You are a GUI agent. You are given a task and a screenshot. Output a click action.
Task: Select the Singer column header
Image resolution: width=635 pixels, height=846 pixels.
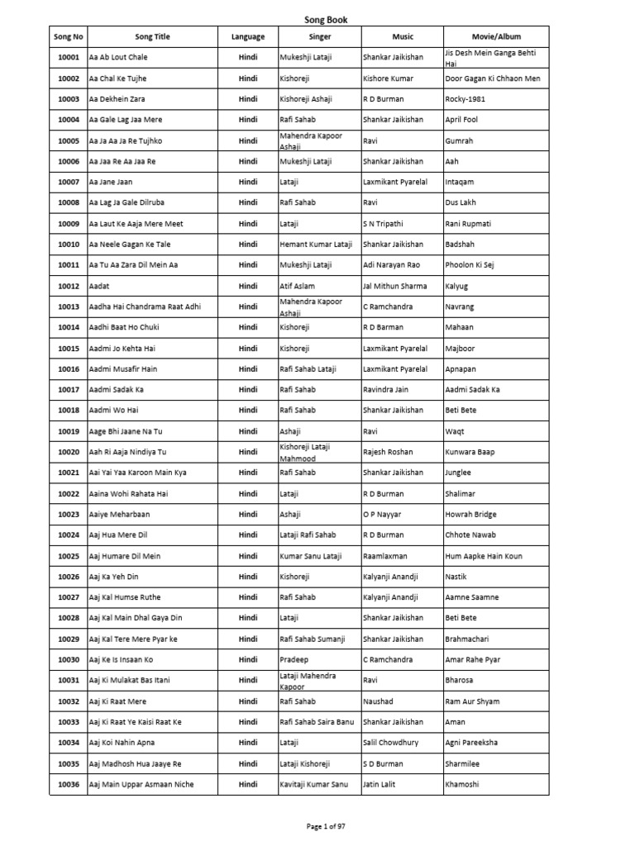tap(319, 36)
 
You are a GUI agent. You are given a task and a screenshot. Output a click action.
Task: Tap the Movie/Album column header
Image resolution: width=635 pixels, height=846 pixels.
tap(496, 36)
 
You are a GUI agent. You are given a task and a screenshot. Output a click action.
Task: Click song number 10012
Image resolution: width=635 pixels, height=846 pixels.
tap(68, 286)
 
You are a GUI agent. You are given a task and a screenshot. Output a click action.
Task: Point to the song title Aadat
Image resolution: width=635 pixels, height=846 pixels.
tap(99, 286)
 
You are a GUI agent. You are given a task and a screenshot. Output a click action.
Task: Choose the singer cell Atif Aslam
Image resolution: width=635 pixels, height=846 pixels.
tap(298, 286)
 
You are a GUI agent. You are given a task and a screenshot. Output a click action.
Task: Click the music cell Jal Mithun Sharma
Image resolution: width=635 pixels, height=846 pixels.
tap(394, 286)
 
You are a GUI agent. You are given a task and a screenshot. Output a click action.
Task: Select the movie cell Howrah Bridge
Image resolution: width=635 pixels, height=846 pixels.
tap(470, 514)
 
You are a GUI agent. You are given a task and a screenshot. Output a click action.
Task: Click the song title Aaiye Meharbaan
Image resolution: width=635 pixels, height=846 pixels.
tap(119, 514)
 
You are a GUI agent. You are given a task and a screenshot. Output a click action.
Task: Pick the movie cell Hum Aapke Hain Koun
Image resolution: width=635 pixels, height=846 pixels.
tap(483, 556)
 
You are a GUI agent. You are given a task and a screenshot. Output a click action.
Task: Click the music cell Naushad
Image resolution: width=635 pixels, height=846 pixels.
tap(378, 701)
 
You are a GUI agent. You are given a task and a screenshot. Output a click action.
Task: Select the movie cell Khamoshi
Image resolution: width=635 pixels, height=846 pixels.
tap(461, 784)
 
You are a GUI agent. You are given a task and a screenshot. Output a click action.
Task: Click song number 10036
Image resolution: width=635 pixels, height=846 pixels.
tap(68, 784)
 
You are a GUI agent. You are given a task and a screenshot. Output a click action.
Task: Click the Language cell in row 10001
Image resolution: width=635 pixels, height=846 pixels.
tap(248, 57)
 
